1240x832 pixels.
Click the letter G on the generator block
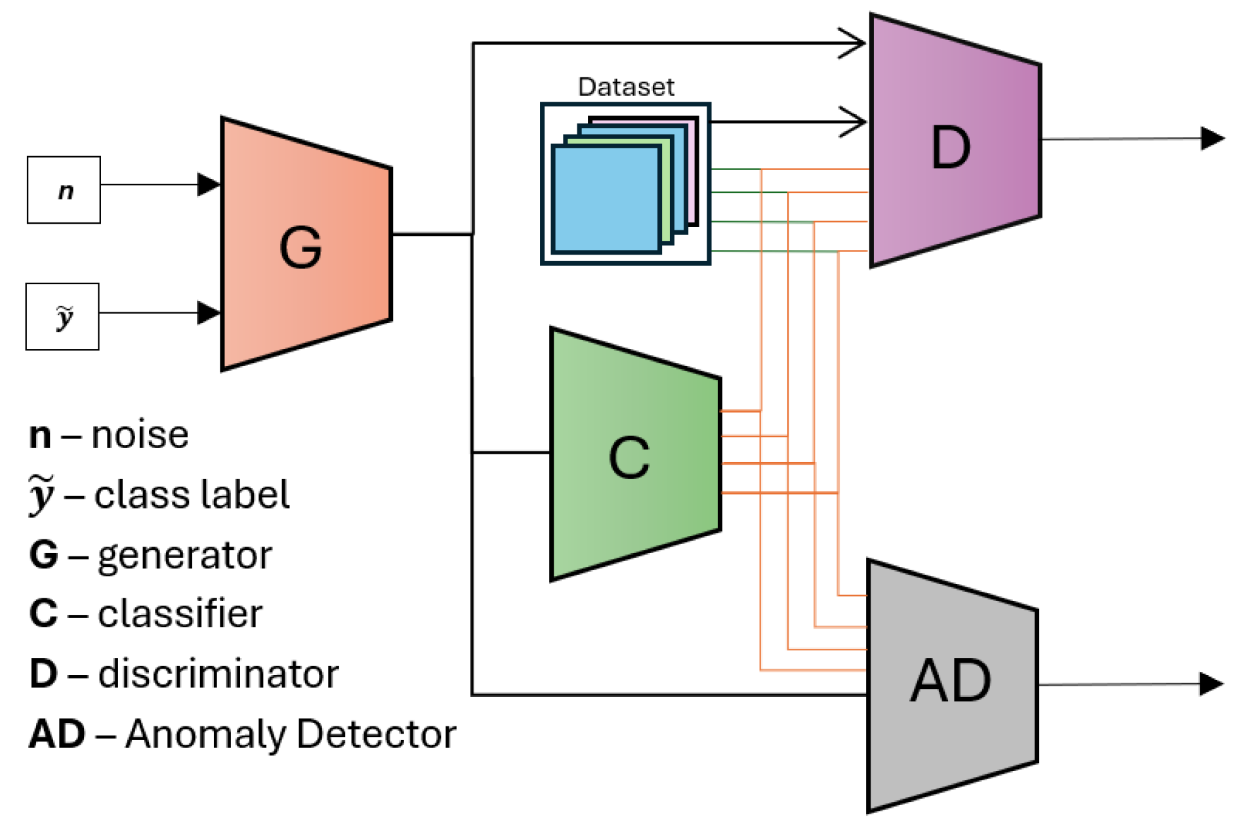click(x=300, y=247)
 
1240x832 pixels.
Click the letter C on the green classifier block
click(x=629, y=457)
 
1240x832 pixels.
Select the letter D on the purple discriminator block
click(x=950, y=148)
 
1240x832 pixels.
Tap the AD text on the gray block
click(x=950, y=681)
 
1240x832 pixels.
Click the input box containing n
click(x=64, y=190)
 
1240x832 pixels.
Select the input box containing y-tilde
click(x=62, y=317)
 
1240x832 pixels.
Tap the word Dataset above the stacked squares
click(x=626, y=87)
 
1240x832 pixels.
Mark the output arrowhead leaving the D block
click(x=1212, y=138)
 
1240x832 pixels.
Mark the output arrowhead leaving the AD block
click(x=1210, y=684)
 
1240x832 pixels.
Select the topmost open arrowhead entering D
click(x=854, y=43)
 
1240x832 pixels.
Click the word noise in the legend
click(x=140, y=435)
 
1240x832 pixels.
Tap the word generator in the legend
click(x=184, y=556)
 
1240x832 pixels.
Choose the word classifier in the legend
click(x=180, y=614)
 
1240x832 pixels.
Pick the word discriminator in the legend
click(x=218, y=674)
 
